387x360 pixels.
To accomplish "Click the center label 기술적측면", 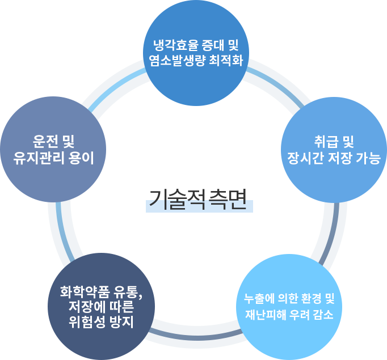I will (x=198, y=200).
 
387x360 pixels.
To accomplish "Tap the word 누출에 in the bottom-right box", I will (x=259, y=298).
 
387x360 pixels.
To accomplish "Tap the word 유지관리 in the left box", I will (x=37, y=158).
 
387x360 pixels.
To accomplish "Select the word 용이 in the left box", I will (x=82, y=158).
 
